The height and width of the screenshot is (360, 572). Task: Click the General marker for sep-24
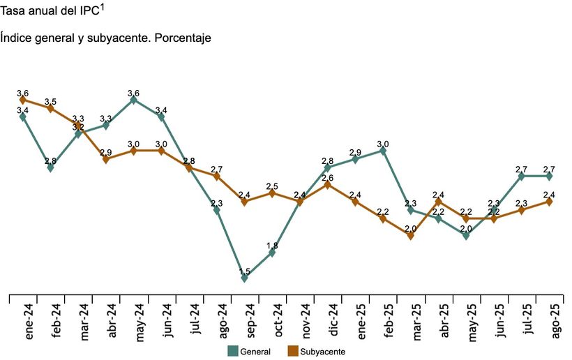point(245,278)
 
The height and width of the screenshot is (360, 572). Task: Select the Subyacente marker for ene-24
point(23,100)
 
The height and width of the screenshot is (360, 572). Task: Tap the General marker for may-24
point(134,100)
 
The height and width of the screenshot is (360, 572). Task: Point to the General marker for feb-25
point(383,151)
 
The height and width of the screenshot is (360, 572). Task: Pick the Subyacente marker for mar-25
point(411,236)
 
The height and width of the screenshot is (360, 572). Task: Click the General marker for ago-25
point(550,176)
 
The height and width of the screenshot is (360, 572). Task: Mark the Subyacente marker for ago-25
point(550,202)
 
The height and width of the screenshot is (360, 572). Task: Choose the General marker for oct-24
point(272,253)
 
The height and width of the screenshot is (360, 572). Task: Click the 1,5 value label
point(245,271)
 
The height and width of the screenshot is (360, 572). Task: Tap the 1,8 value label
point(272,245)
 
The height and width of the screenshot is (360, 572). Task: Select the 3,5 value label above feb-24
point(50,102)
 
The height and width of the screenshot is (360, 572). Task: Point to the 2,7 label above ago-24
point(216,169)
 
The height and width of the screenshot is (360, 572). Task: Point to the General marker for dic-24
point(328,167)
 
